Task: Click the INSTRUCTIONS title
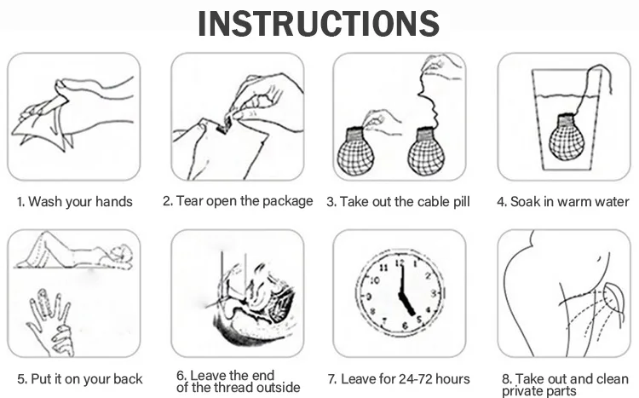(319, 24)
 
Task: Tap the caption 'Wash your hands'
(80, 201)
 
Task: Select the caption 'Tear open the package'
(245, 201)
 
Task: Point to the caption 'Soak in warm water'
(570, 201)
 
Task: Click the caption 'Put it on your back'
(86, 379)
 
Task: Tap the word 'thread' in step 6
(232, 387)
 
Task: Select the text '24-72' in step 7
(415, 379)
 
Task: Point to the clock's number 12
(400, 262)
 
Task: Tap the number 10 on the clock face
(375, 280)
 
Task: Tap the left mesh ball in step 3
(355, 152)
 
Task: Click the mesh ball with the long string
(426, 152)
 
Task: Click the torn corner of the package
(224, 126)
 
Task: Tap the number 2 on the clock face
(428, 276)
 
